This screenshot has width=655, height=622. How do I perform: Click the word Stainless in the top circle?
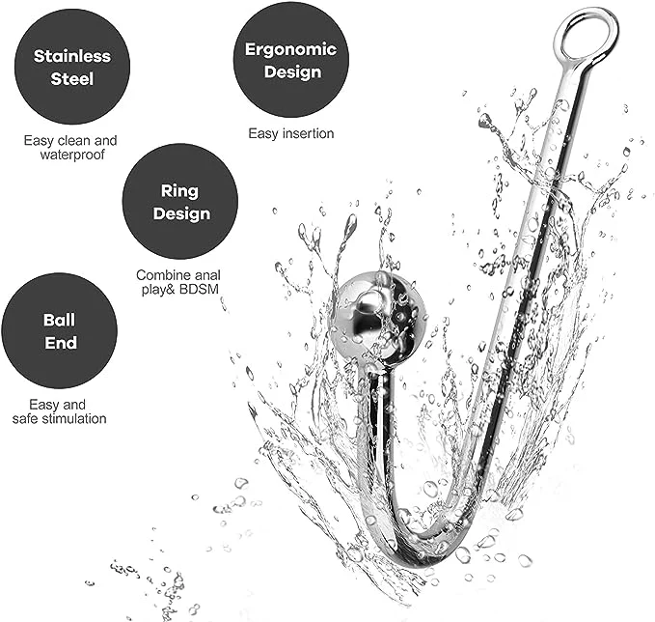point(72,56)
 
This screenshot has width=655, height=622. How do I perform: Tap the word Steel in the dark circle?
point(71,78)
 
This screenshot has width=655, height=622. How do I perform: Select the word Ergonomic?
point(290,50)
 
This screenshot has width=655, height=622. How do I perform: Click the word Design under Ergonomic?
point(292,71)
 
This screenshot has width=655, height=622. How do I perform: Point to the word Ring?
point(179,191)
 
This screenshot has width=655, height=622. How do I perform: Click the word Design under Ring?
point(181,213)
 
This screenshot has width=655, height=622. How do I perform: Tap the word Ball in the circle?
point(59,320)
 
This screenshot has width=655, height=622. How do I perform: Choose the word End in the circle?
point(61,343)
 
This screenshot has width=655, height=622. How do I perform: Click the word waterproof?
point(72,155)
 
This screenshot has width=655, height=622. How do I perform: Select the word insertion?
point(309,133)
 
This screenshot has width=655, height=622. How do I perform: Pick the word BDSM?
point(199,289)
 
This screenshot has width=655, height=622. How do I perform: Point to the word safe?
point(26,418)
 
